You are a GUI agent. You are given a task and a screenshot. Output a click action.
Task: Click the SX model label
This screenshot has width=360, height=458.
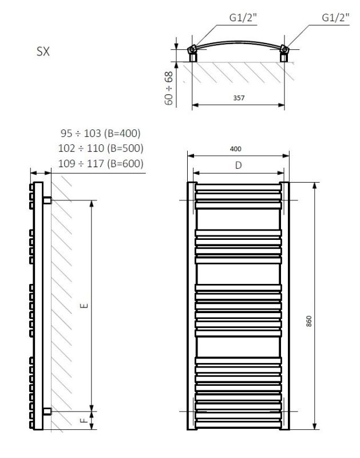pyautogui.click(x=43, y=52)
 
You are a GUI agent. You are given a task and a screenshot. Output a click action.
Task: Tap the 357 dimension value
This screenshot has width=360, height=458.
pyautogui.click(x=239, y=98)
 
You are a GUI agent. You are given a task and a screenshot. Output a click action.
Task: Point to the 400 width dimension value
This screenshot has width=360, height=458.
pyautogui.click(x=235, y=149)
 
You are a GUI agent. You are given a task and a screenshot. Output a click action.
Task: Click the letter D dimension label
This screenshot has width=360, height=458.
pyautogui.click(x=239, y=165)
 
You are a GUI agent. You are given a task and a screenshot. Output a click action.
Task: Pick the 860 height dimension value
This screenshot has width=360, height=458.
pyautogui.click(x=309, y=321)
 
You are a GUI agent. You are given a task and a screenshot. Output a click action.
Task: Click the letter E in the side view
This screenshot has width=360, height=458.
pyautogui.click(x=85, y=305)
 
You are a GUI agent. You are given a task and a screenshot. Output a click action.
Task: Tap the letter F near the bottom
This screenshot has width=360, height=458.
pyautogui.click(x=85, y=421)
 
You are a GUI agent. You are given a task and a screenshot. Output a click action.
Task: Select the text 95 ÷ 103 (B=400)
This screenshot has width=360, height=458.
pyautogui.click(x=100, y=133)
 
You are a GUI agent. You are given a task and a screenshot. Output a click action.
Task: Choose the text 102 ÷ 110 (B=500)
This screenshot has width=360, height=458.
pyautogui.click(x=100, y=148)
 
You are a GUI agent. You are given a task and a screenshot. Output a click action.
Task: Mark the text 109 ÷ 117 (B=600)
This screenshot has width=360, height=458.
pyautogui.click(x=100, y=164)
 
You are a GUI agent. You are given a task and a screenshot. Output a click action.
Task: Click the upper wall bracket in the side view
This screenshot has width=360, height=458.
pyautogui.click(x=48, y=200)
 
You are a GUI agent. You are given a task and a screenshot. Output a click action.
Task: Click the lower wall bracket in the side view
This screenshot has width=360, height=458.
pyautogui.click(x=48, y=410)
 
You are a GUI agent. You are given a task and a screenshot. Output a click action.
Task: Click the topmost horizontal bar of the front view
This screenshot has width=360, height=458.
pyautogui.click(x=239, y=186)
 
